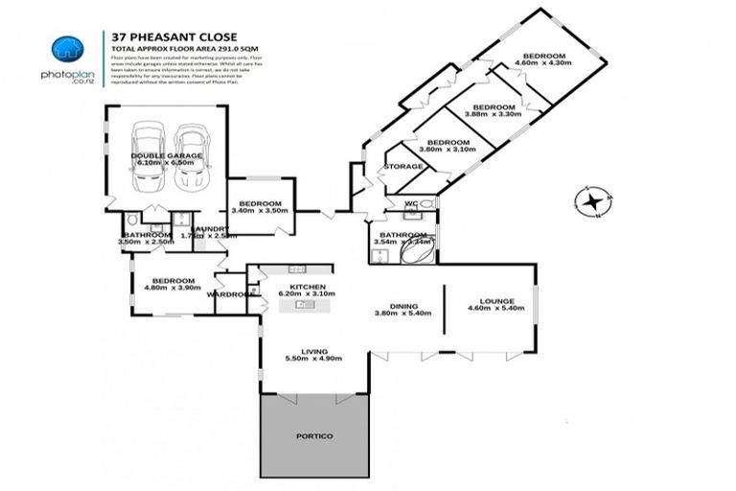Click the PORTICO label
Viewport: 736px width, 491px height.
(314, 436)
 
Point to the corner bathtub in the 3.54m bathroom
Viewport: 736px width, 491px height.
(423, 250)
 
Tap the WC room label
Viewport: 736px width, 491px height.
(410, 203)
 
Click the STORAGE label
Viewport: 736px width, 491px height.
(403, 167)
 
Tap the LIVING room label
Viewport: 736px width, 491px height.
(313, 351)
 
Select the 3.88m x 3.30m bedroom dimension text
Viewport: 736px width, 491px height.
(493, 114)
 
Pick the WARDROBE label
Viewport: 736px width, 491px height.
(230, 294)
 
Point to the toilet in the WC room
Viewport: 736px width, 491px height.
(425, 204)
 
